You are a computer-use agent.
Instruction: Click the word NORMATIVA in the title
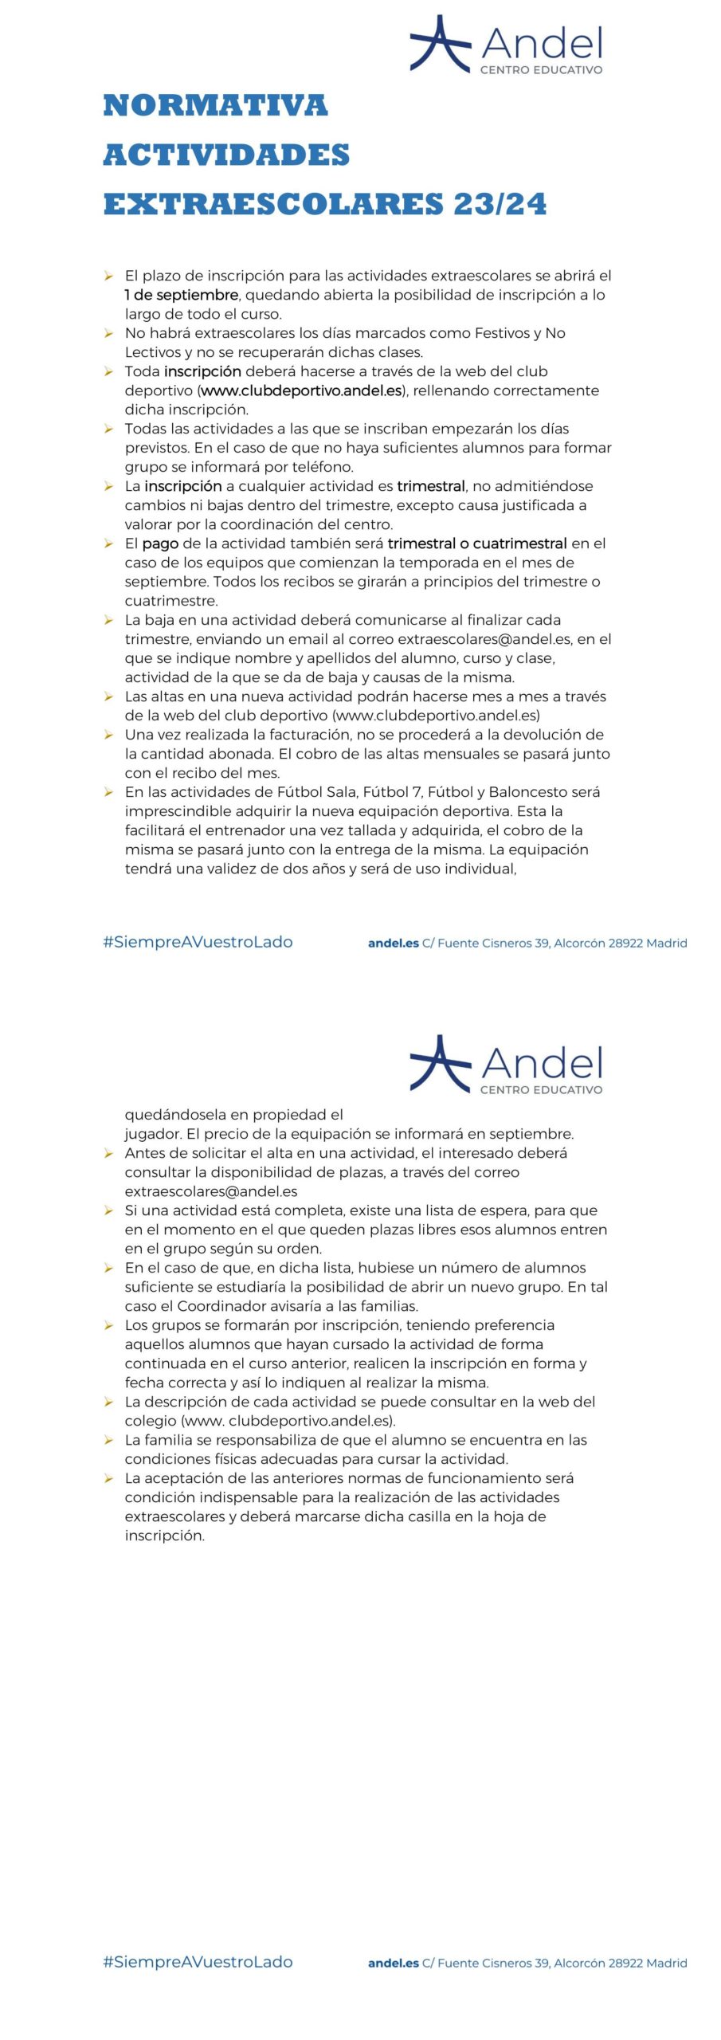coord(215,106)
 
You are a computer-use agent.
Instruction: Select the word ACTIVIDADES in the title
coord(226,155)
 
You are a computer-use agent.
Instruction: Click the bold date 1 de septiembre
coord(181,295)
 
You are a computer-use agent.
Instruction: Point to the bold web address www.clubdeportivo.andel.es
coord(301,390)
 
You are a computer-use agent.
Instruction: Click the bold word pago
coord(160,543)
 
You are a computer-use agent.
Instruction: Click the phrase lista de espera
coord(474,1210)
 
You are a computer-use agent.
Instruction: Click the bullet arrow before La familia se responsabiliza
coord(108,1440)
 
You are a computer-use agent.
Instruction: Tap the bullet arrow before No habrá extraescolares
coord(108,333)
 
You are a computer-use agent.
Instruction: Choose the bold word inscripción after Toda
coord(202,371)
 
